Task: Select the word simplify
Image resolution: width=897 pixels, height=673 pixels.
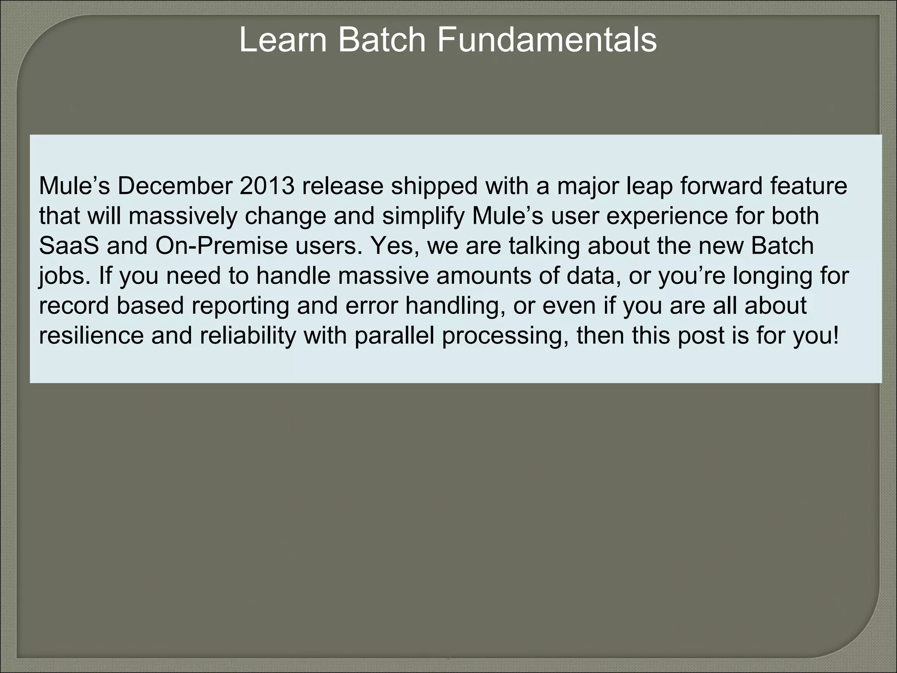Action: tap(422, 216)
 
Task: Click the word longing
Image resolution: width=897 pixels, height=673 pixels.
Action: tap(773, 276)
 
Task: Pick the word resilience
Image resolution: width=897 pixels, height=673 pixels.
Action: tap(91, 335)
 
